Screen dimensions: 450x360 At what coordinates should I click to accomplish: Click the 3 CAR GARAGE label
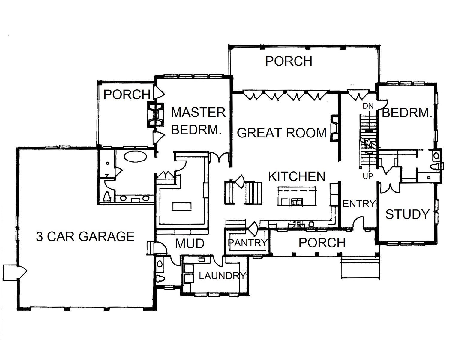pyautogui.click(x=85, y=237)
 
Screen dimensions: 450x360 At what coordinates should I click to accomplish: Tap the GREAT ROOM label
pyautogui.click(x=281, y=133)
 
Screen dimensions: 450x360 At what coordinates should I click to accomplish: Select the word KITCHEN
pyautogui.click(x=297, y=176)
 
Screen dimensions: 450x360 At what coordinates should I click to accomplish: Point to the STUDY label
pyautogui.click(x=407, y=214)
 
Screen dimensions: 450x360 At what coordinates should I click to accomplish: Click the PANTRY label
pyautogui.click(x=248, y=243)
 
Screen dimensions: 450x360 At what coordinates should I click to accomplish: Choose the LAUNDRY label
pyautogui.click(x=222, y=276)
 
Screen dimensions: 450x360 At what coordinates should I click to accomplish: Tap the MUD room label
pyautogui.click(x=190, y=244)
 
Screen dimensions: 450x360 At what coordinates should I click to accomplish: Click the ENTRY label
pyautogui.click(x=359, y=203)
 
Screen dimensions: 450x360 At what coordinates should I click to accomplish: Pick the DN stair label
pyautogui.click(x=368, y=106)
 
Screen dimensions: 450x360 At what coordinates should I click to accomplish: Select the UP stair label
pyautogui.click(x=368, y=176)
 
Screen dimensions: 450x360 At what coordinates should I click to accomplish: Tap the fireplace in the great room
pyautogui.click(x=334, y=128)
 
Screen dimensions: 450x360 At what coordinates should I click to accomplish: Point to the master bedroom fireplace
pyautogui.click(x=155, y=115)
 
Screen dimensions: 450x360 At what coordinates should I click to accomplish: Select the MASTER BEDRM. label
pyautogui.click(x=198, y=121)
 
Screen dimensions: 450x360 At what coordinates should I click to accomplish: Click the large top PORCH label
pyautogui.click(x=289, y=61)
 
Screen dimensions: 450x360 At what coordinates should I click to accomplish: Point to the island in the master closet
pyautogui.click(x=182, y=206)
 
